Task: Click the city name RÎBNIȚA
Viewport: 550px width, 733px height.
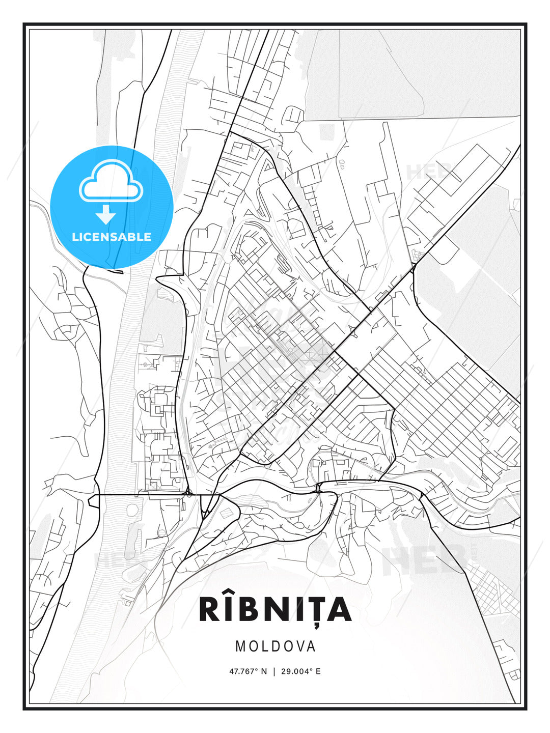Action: coord(275,609)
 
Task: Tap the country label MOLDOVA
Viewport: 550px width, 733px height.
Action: coord(275,646)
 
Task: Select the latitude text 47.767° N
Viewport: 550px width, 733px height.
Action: coord(248,671)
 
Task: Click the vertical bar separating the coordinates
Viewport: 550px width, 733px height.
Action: coord(275,671)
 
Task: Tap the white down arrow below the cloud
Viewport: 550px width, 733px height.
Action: coord(106,214)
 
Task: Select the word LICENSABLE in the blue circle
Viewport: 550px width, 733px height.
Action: coord(112,237)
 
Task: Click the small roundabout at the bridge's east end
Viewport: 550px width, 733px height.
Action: coord(188,493)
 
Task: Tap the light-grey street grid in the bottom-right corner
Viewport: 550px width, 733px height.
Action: coord(491,590)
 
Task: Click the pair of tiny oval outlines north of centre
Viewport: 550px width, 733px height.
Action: coord(342,163)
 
